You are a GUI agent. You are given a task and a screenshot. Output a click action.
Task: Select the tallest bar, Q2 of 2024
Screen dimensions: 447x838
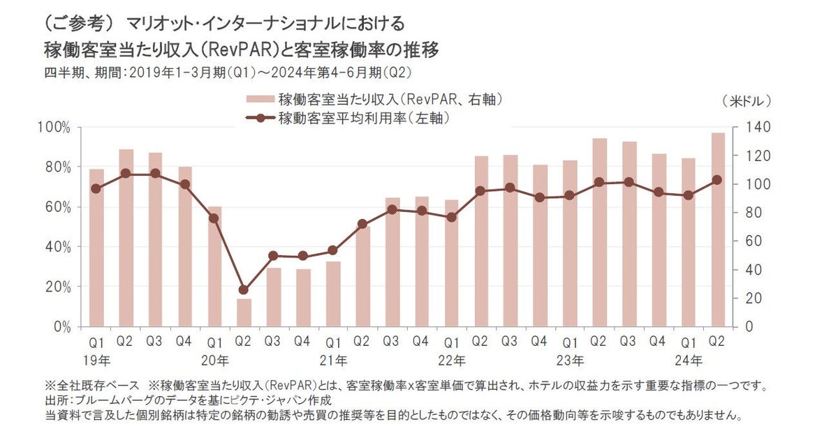point(718,230)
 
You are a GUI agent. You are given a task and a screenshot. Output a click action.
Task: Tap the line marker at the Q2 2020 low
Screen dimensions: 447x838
point(244,289)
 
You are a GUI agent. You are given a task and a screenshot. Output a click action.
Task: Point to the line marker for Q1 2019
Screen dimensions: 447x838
point(96,188)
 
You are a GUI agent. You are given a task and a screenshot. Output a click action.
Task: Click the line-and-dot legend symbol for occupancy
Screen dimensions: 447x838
point(260,119)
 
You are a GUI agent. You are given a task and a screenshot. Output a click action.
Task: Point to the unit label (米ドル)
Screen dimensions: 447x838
point(747,100)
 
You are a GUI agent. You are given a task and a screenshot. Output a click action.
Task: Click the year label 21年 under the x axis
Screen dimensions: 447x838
point(333,361)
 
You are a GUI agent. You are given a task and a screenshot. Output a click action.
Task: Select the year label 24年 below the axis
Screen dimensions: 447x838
point(689,361)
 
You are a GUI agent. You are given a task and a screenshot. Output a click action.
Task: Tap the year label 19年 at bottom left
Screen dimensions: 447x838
point(96,361)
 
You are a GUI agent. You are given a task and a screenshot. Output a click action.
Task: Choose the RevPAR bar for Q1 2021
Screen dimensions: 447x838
point(333,294)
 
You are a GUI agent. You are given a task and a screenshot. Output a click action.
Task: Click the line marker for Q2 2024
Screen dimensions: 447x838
point(718,180)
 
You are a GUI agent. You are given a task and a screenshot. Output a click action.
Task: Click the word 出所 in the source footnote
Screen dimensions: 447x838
point(55,400)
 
